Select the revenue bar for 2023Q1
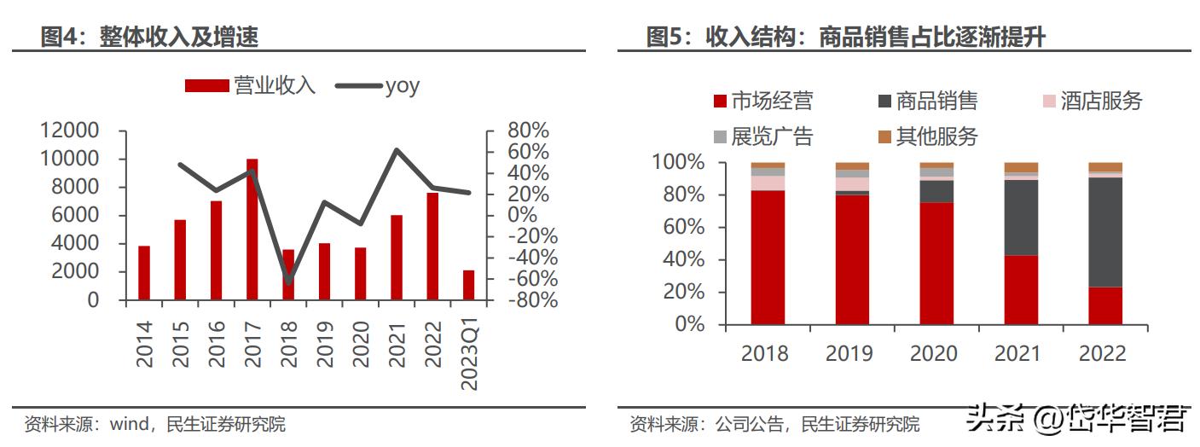click(x=468, y=285)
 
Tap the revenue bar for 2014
click(x=144, y=273)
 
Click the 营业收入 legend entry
click(x=251, y=85)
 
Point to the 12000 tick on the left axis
click(x=69, y=131)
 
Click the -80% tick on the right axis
click(x=528, y=300)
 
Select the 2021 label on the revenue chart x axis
click(x=397, y=345)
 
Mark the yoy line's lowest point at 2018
click(x=288, y=282)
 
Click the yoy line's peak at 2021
click(x=397, y=150)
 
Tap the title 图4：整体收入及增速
click(x=150, y=37)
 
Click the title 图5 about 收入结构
click(x=845, y=37)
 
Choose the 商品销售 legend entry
click(x=928, y=102)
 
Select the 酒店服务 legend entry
click(x=1093, y=102)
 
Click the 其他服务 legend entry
click(x=928, y=136)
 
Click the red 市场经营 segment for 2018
click(x=768, y=257)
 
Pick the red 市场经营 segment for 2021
click(x=1021, y=290)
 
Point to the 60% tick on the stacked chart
click(x=678, y=227)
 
